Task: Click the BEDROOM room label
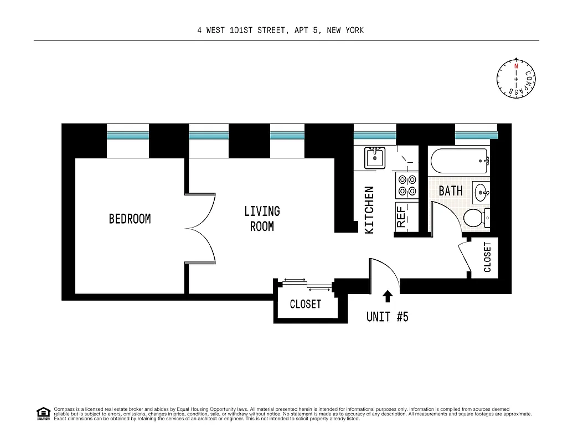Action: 130,219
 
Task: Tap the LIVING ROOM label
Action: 262,219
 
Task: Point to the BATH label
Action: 450,191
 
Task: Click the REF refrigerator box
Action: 401,217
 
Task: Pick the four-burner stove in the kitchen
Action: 407,186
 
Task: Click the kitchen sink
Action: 375,157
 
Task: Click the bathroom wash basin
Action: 481,193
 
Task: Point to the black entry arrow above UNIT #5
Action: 388,296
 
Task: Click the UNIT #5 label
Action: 387,317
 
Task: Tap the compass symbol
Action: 516,79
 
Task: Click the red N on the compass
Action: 516,66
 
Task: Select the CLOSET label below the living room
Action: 305,304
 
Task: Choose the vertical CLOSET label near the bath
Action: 487,257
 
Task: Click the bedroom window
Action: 128,135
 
